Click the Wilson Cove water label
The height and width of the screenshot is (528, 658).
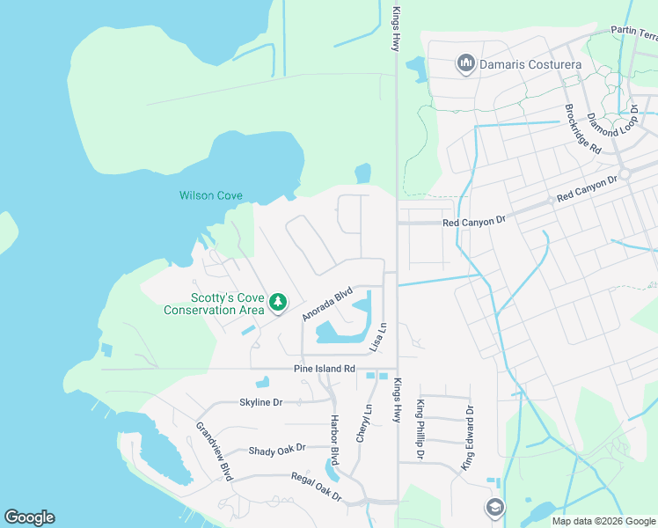(211, 195)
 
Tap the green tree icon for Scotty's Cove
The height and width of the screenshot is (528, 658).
(278, 303)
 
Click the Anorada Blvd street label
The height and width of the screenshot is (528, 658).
(327, 302)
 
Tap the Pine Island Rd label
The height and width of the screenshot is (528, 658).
(324, 369)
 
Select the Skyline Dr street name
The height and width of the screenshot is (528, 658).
(260, 402)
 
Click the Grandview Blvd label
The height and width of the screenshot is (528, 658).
(214, 451)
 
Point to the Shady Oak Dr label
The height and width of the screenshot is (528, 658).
(276, 449)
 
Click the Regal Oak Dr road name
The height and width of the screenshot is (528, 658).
(316, 487)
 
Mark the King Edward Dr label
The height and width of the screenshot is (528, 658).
(469, 437)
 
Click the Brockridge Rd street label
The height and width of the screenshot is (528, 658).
(582, 132)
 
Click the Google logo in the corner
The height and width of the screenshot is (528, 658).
(29, 517)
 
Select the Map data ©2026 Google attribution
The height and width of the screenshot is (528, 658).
(603, 521)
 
